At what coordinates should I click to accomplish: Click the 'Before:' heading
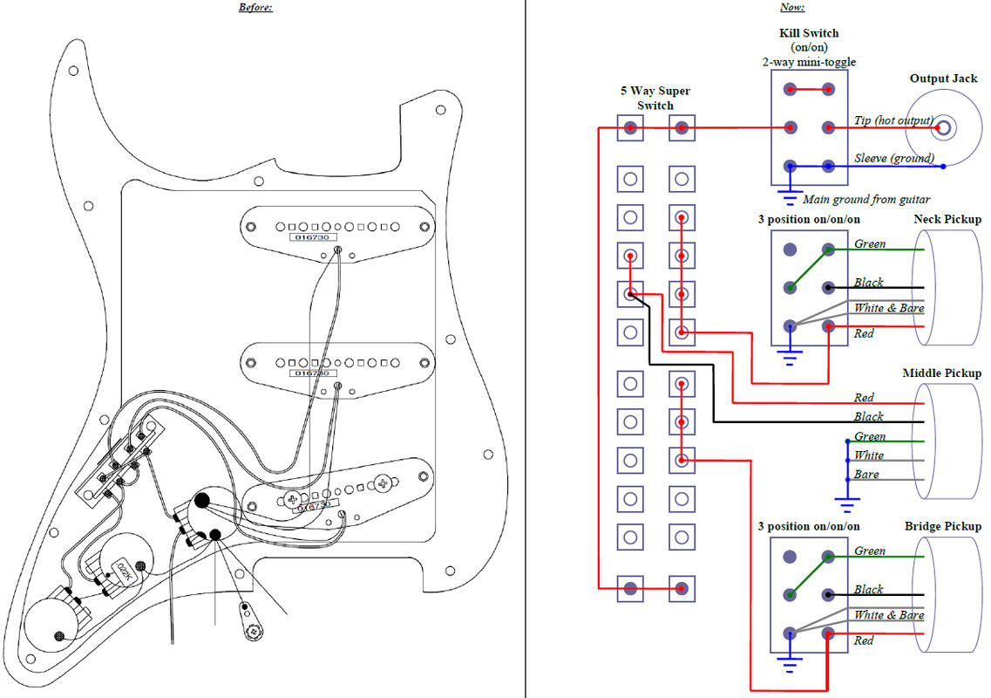(255, 8)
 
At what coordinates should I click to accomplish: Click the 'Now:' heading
(792, 8)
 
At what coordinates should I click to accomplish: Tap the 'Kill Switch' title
(809, 33)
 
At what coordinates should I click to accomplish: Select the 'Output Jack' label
(944, 79)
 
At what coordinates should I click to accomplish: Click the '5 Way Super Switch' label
(655, 98)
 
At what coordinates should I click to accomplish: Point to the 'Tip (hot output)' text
(893, 120)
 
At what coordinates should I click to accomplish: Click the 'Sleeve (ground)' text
(894, 158)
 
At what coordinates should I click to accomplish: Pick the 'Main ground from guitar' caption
(866, 199)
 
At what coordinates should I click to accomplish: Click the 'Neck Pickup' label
(947, 219)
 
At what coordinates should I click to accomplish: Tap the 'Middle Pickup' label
(941, 373)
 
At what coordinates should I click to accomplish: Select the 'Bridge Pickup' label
(943, 526)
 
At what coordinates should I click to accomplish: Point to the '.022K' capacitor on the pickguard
(124, 570)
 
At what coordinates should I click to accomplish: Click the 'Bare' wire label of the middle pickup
(866, 475)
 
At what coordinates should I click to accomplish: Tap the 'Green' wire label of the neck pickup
(870, 243)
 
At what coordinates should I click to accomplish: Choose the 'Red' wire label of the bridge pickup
(864, 640)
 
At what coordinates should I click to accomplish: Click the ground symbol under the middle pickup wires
(847, 503)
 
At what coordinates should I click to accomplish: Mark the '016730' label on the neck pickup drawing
(313, 237)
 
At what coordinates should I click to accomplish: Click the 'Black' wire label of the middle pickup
(868, 416)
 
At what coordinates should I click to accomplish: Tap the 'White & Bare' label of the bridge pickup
(889, 615)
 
